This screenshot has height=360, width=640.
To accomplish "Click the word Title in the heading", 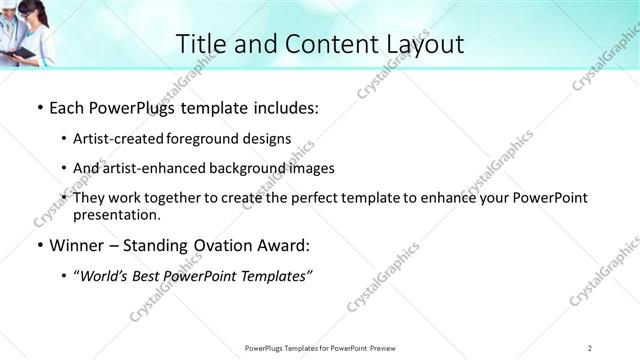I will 200,44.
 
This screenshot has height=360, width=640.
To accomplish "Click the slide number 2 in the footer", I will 590,347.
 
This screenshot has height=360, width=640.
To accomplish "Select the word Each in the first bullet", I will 68,109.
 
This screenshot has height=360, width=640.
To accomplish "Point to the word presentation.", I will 116,214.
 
